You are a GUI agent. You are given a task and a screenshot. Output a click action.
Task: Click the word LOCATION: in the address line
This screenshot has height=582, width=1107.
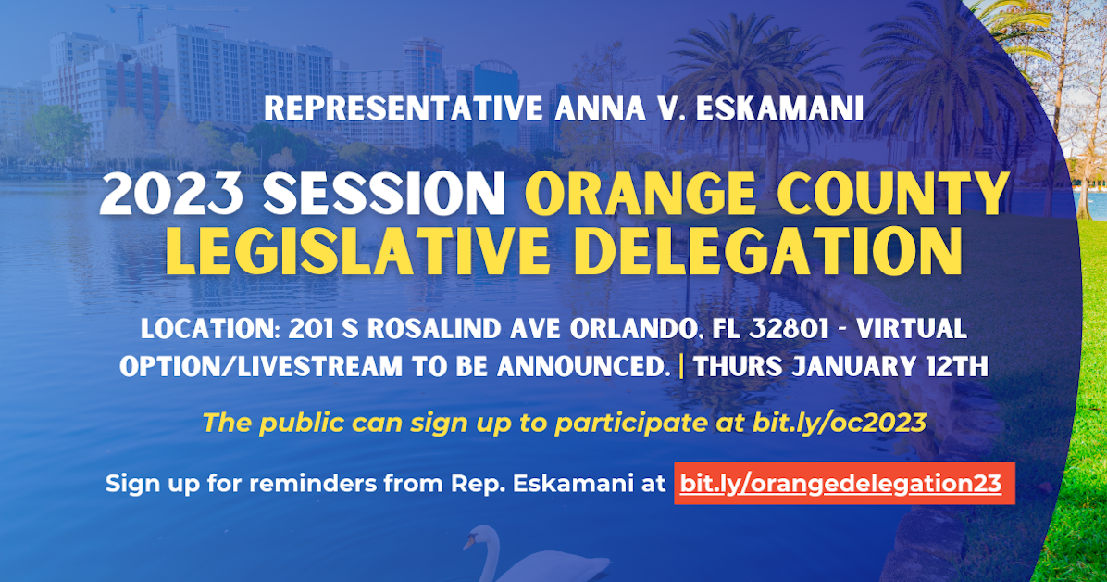(209, 329)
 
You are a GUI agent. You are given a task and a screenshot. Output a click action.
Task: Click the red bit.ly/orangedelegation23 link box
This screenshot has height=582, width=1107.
(843, 484)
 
